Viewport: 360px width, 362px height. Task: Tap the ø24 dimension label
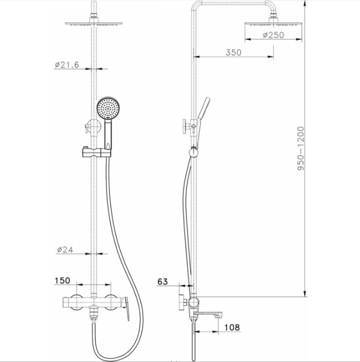65,250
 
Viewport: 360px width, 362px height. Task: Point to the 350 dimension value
233,52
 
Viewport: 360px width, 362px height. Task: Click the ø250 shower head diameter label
272,35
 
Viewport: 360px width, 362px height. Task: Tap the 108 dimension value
232,327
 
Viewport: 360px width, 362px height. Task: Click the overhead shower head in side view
272,23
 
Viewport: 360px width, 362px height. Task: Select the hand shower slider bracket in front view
95,151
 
